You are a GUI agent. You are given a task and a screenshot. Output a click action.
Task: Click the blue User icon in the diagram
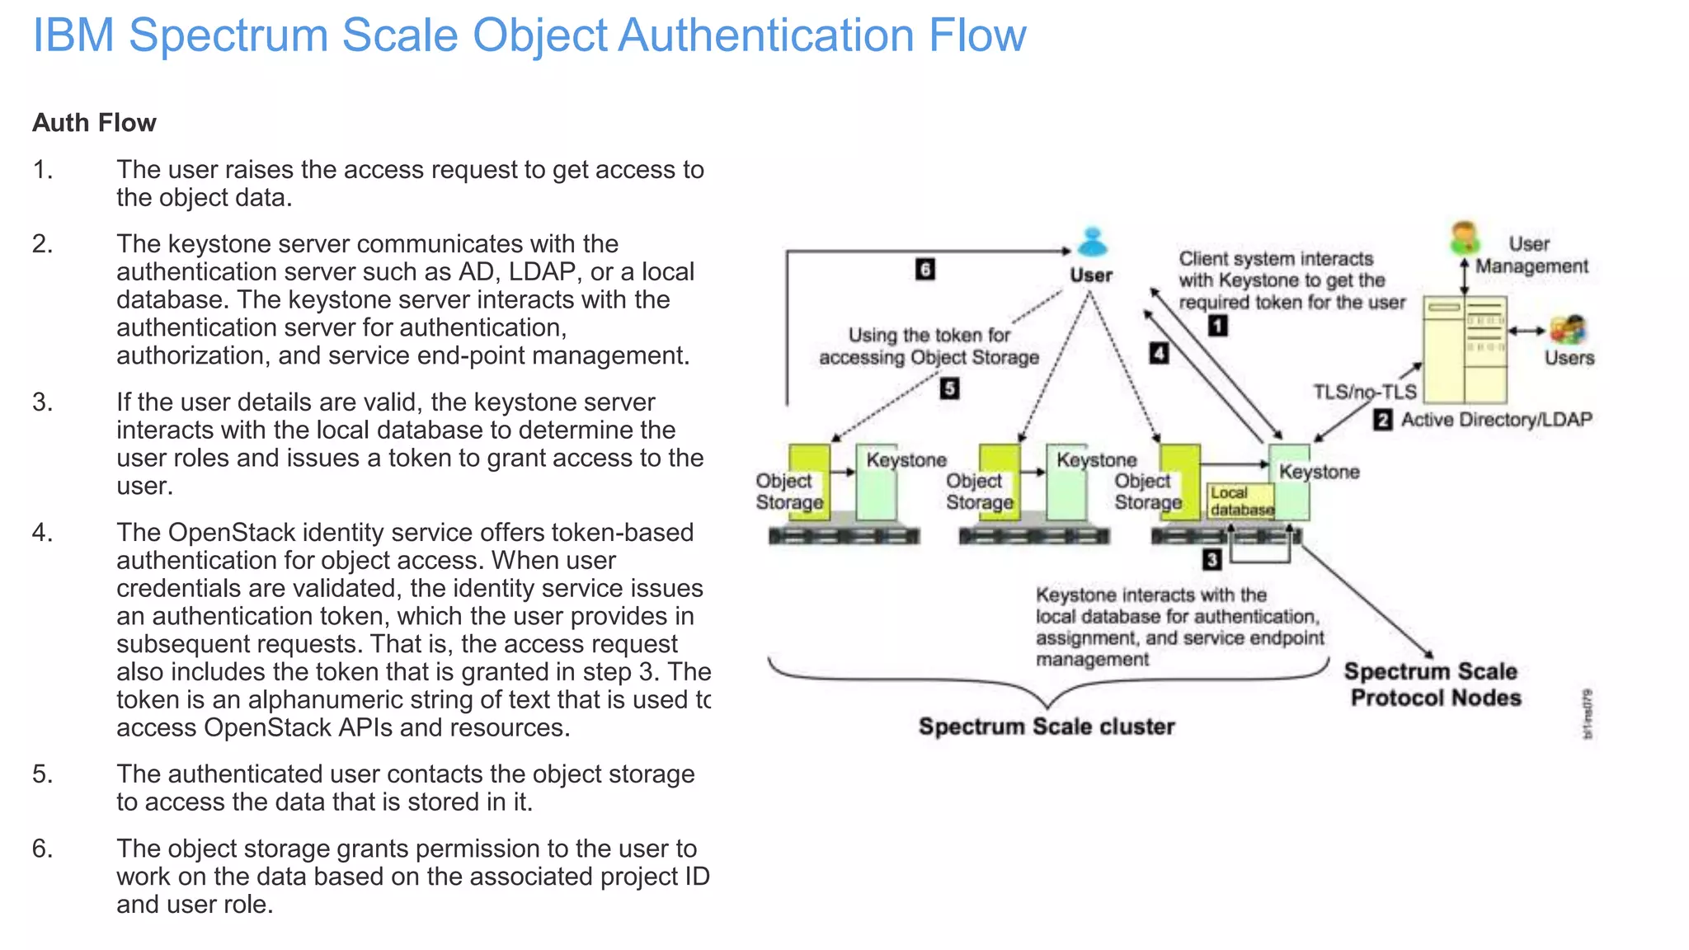tap(1093, 242)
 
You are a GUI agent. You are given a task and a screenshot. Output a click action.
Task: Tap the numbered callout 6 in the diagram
tap(925, 270)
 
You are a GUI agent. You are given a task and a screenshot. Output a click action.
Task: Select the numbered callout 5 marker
tap(949, 388)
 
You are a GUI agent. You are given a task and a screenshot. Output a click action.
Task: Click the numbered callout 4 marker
tap(1159, 354)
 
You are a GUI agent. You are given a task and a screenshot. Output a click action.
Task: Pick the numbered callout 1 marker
tap(1217, 326)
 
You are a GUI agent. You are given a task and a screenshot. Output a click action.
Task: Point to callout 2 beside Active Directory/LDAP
tap(1383, 420)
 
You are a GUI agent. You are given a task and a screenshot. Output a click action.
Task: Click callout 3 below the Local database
tap(1211, 560)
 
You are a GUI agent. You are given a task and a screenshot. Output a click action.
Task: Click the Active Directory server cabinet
tap(1465, 350)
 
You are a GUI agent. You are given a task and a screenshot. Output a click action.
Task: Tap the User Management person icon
tap(1465, 237)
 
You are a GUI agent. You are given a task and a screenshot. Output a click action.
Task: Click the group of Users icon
tap(1568, 330)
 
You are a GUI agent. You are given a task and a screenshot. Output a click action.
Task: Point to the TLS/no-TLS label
tap(1364, 392)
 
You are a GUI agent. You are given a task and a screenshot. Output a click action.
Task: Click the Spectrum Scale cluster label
tap(1047, 727)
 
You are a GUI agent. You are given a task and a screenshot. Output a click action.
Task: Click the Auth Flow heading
tap(94, 123)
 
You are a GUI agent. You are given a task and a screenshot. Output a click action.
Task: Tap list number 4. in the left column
tap(42, 533)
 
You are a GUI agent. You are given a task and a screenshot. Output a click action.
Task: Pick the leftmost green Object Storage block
tap(809, 482)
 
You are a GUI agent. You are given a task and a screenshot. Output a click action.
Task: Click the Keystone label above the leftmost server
tap(906, 460)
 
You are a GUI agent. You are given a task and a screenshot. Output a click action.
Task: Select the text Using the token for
tap(929, 336)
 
